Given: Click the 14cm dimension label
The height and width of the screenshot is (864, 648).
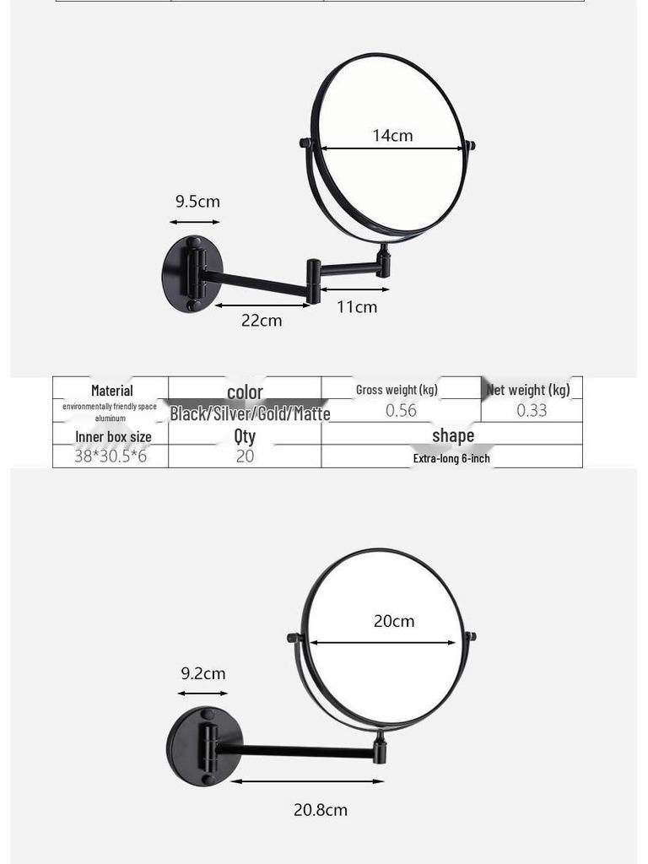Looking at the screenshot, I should click(392, 135).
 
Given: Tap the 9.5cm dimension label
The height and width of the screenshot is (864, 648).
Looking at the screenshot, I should click(197, 202).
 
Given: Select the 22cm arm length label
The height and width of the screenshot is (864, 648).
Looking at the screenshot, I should click(262, 321).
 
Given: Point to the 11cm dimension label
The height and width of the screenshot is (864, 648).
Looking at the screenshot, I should click(357, 306).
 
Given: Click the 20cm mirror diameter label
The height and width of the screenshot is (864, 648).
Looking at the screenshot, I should click(394, 621).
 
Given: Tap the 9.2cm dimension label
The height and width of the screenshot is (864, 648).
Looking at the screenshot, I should click(203, 673).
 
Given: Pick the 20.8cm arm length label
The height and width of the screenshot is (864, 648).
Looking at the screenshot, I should click(320, 810).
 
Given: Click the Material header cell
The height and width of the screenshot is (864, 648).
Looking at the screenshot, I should click(111, 391).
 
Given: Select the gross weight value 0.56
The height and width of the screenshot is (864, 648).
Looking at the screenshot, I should click(401, 411).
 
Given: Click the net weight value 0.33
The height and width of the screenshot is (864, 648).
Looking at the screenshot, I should click(532, 411).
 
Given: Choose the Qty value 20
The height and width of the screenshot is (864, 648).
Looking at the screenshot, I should click(245, 456).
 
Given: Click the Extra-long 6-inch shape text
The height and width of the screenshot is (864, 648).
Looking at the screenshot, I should click(451, 458).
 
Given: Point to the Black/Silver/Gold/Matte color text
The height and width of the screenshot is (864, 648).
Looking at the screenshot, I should click(250, 413).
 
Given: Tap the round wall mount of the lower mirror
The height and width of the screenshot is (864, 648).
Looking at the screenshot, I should click(194, 746).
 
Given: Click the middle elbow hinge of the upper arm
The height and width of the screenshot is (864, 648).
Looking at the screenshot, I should click(313, 281).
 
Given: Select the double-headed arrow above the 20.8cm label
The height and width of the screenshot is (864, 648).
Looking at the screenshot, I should click(307, 781).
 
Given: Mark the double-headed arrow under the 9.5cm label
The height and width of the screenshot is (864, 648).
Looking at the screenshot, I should click(195, 222).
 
